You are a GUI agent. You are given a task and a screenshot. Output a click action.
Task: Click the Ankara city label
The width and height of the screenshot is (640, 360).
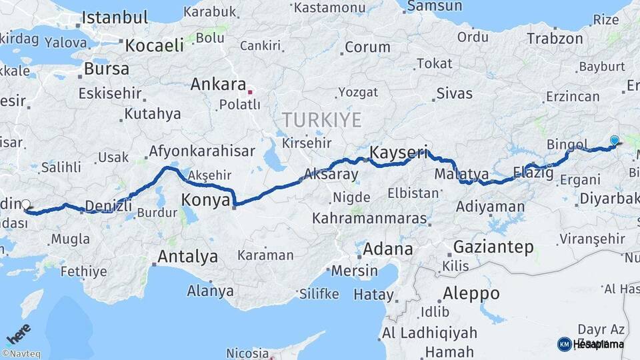tap(218, 85)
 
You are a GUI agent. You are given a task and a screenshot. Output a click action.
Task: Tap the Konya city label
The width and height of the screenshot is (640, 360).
tap(206, 200)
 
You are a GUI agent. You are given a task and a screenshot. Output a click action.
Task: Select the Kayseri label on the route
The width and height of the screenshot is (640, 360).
tap(398, 152)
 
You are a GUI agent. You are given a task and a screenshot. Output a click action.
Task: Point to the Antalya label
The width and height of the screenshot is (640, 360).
tap(187, 256)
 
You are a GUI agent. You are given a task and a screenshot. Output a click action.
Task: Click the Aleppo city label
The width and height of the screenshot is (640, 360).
tap(471, 293)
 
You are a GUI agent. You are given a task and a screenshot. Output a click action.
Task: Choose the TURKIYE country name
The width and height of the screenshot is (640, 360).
tap(321, 120)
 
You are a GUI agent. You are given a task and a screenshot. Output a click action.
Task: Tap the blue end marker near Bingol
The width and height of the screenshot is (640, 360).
tap(614, 140)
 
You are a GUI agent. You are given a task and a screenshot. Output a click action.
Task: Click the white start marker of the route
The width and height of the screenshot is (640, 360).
tap(26, 205)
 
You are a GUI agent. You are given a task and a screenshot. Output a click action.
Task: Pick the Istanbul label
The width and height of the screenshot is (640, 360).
tap(114, 17)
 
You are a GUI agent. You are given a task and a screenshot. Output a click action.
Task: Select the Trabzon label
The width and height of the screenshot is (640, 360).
tap(555, 39)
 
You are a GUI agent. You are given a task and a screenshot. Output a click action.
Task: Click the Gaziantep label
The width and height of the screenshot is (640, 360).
tap(493, 247)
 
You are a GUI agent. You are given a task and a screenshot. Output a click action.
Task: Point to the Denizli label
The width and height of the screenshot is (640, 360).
tap(109, 206)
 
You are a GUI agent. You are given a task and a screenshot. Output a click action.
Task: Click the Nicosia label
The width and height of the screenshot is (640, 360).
tap(247, 353)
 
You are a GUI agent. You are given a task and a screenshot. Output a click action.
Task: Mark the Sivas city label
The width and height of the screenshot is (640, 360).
tap(454, 93)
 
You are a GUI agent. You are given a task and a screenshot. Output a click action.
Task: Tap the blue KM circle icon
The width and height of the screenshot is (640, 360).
tap(564, 344)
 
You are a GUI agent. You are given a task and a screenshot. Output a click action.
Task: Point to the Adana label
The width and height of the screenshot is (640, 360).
tap(387, 249)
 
